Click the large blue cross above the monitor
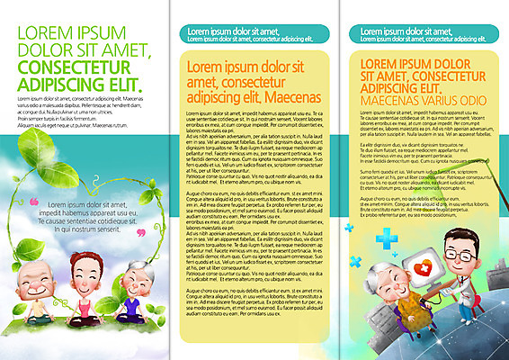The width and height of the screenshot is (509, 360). (x=388, y=239)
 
